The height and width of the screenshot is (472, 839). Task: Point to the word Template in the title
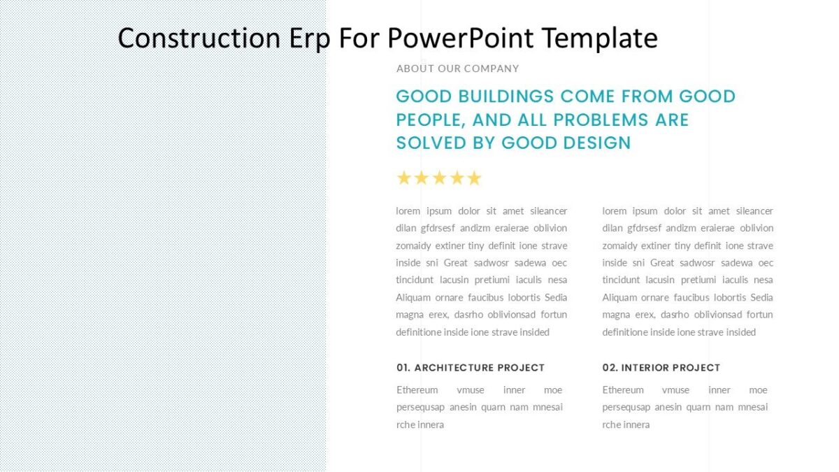click(600, 38)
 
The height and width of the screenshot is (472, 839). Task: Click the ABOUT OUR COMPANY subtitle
click(457, 69)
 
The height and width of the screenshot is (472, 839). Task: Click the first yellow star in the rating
click(403, 178)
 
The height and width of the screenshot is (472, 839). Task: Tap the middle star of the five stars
click(439, 178)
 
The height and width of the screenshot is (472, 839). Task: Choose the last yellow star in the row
click(475, 178)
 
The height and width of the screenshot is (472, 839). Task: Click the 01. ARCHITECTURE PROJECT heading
click(470, 368)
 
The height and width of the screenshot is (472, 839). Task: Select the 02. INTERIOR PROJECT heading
click(661, 368)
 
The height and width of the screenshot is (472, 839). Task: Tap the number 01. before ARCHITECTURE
click(403, 368)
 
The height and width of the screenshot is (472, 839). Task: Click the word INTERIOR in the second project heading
click(646, 368)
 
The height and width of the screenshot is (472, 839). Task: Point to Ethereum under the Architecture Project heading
click(417, 390)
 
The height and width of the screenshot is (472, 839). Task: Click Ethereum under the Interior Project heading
click(623, 390)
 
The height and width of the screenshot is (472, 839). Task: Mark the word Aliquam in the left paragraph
click(413, 298)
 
